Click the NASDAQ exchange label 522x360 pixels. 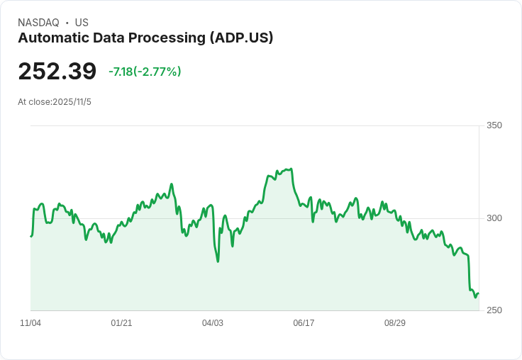pos(38,23)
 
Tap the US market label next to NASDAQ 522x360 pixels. pos(82,23)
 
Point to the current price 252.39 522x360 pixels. pos(57,72)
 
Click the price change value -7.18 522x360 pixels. pos(121,72)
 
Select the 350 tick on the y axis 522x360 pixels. pos(494,126)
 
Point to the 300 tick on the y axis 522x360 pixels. pos(494,218)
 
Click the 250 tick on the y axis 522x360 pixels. pos(494,310)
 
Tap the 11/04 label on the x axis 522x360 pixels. pos(30,323)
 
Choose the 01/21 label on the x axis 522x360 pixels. pos(121,323)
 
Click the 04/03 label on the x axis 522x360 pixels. pos(213,323)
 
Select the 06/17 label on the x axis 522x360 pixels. pos(304,323)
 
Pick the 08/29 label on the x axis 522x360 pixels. pos(395,323)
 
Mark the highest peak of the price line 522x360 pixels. pos(291,169)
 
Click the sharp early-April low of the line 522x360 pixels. pos(218,261)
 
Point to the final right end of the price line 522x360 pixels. pos(479,293)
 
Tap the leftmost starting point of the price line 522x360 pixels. pos(31,236)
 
